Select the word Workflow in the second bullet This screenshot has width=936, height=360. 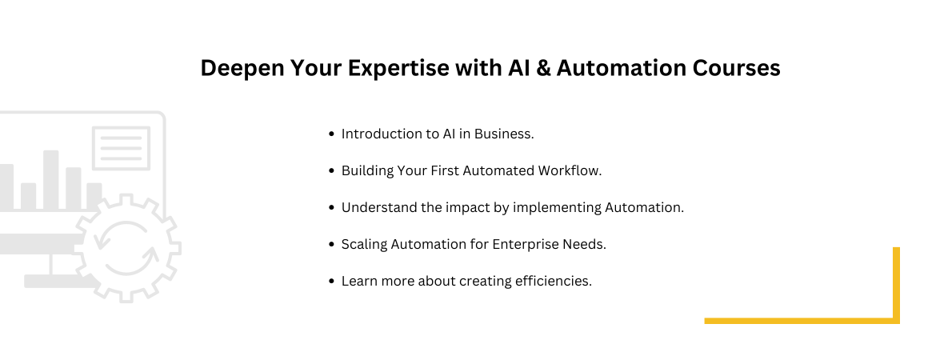click(x=570, y=170)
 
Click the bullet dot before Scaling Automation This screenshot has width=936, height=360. click(x=332, y=245)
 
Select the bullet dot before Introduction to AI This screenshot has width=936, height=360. click(x=332, y=134)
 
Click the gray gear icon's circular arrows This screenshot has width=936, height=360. click(x=126, y=249)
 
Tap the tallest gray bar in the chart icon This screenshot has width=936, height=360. click(x=50, y=180)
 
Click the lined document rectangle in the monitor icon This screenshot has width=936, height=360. click(x=121, y=148)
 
